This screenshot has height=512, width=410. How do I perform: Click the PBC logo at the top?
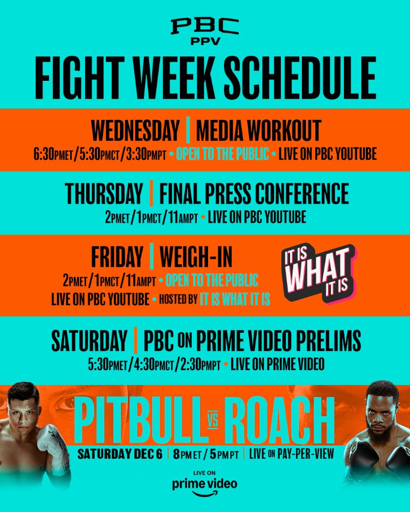[x=204, y=31]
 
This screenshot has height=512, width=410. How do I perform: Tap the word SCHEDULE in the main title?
[x=300, y=78]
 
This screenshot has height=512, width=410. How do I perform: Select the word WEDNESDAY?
[x=135, y=131]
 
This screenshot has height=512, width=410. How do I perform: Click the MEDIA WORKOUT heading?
[x=259, y=131]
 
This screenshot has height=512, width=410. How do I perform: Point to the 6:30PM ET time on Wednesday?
[x=53, y=154]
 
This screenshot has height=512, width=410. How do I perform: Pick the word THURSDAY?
[x=104, y=194]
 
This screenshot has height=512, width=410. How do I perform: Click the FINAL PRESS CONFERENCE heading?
[x=254, y=194]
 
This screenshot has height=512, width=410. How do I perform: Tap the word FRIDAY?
[x=117, y=257]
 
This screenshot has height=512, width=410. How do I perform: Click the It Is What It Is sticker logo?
[x=318, y=273]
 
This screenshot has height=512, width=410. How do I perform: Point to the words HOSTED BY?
[x=178, y=299]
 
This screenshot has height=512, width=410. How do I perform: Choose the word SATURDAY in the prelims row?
[x=89, y=341]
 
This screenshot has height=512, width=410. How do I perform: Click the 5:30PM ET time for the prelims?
[x=107, y=365]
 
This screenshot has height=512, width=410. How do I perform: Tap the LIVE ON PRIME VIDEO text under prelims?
[x=278, y=365]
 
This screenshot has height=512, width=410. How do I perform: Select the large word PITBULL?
[x=137, y=420]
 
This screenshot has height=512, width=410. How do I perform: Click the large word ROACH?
[x=279, y=420]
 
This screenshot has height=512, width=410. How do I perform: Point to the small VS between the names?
[x=213, y=421]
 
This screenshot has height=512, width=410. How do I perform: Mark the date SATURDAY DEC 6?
[x=119, y=454]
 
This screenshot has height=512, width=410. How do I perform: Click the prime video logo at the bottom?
[x=204, y=484]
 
